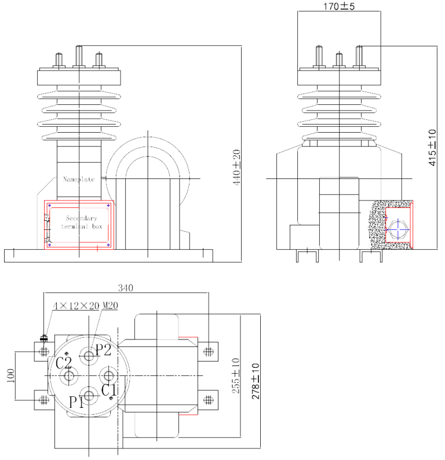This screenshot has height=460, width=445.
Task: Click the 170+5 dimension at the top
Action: tap(339, 6)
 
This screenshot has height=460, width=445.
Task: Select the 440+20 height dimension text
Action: tap(236, 167)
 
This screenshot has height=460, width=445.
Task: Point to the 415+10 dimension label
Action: tap(432, 148)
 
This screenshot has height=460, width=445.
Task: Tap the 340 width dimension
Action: tap(126, 288)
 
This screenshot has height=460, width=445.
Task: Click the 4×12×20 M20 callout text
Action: tap(85, 305)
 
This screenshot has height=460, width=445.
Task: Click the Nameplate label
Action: tap(78, 180)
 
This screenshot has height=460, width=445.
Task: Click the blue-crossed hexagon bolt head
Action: tap(397, 229)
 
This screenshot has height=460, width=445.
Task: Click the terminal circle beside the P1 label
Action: tap(90, 397)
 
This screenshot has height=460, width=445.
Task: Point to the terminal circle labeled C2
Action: tap(70, 377)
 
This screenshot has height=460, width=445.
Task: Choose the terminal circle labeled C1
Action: tap(111, 377)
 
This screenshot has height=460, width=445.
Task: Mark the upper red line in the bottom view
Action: tap(188, 337)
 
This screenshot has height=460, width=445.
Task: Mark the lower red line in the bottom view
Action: tap(188, 415)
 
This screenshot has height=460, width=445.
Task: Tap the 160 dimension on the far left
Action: tap(10, 375)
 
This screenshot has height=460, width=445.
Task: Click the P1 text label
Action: tap(76, 401)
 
